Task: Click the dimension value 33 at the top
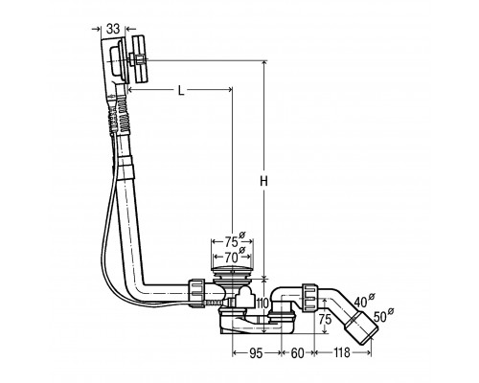(x=113, y=29)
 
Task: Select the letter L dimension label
(x=181, y=91)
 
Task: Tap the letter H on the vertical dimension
(x=263, y=182)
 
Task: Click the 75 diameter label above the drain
(x=234, y=240)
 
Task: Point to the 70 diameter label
(x=235, y=256)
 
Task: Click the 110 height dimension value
(x=262, y=304)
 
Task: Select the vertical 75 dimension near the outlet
(x=325, y=319)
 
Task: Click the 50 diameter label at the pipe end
(x=383, y=315)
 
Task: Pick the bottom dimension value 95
(x=256, y=353)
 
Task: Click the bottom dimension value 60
(x=297, y=353)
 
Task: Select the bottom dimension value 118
(x=342, y=353)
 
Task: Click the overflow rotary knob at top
(x=139, y=59)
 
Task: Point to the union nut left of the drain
(x=196, y=293)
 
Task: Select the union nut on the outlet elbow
(x=309, y=297)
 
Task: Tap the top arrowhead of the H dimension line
(x=263, y=63)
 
